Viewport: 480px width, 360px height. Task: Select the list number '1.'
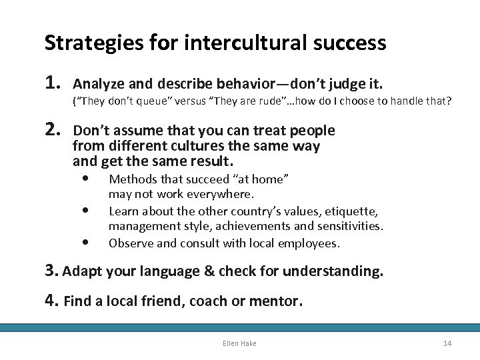(x=54, y=83)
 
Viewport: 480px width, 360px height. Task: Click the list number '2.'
(x=54, y=130)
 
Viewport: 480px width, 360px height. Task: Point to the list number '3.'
(x=52, y=271)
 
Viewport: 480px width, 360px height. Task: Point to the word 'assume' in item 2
(x=132, y=131)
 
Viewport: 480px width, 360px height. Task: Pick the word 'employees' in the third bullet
(x=310, y=243)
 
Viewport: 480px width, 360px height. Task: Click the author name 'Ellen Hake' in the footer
(x=240, y=343)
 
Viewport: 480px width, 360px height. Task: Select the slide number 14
(x=447, y=343)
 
